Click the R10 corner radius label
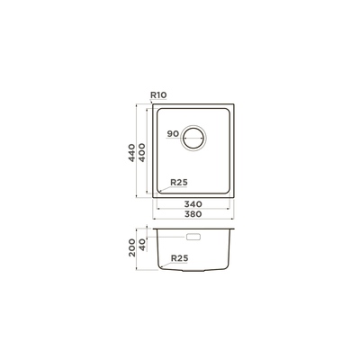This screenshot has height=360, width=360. (x=158, y=95)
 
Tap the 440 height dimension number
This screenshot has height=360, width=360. (x=131, y=153)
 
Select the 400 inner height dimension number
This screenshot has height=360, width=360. (x=141, y=153)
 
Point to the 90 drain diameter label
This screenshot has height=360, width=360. (x=173, y=134)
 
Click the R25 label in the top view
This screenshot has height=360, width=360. (x=179, y=182)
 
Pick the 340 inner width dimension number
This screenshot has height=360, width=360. (x=193, y=204)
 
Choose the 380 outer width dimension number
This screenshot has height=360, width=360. (x=193, y=214)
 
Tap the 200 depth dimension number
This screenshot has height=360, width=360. (x=131, y=247)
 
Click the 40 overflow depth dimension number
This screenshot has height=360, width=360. (x=142, y=245)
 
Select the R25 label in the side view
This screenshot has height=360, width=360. (x=179, y=258)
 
